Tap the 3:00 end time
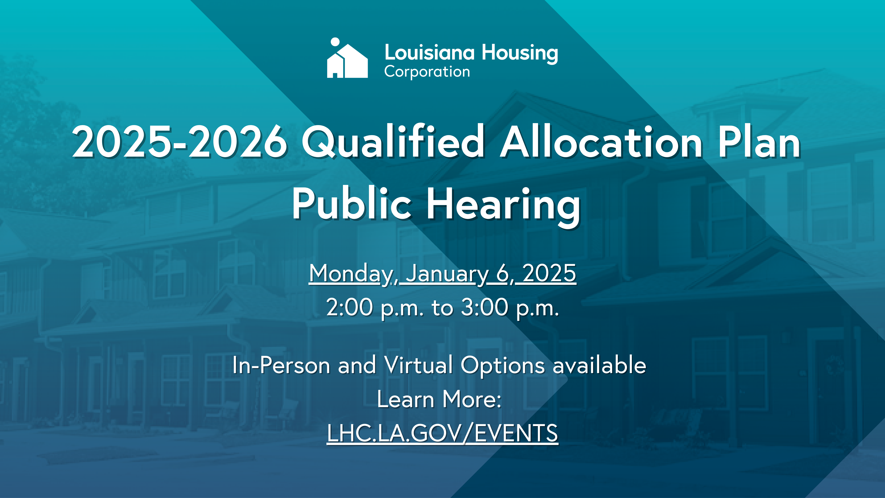(x=484, y=307)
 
